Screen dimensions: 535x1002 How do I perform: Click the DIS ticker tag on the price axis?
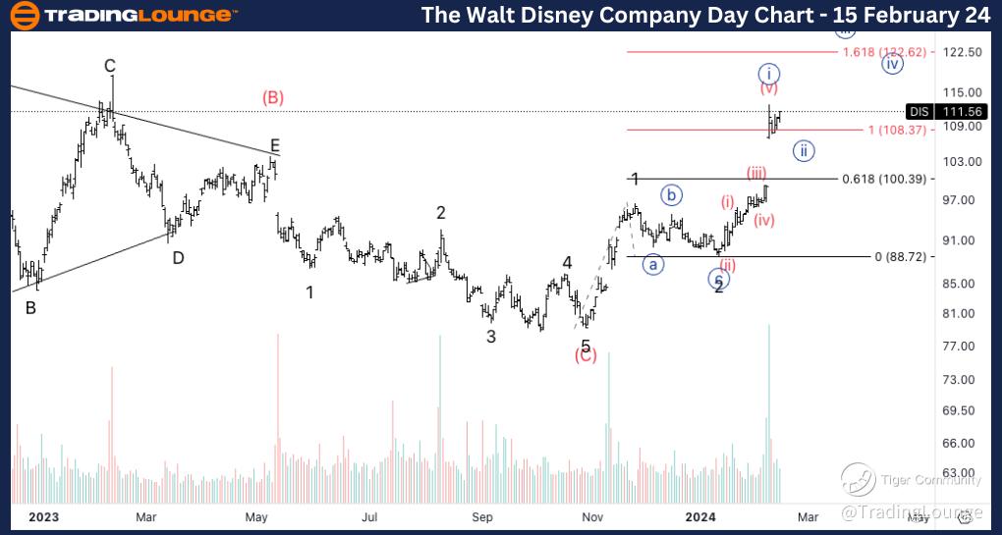[919, 112]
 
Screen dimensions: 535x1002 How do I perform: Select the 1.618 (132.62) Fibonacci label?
[884, 51]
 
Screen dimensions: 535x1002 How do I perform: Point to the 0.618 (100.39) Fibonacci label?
[884, 179]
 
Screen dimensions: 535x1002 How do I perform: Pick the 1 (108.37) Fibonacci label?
[897, 130]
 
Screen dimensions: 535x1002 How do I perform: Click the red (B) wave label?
[273, 97]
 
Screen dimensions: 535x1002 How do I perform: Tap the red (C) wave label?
[586, 355]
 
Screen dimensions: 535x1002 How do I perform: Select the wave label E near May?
[275, 145]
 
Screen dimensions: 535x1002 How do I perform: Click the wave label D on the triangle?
[178, 258]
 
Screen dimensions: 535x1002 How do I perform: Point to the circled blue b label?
[672, 194]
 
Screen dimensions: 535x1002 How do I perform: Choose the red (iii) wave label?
[756, 174]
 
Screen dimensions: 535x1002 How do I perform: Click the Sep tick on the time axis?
[481, 516]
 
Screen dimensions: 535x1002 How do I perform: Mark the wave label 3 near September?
[490, 337]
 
